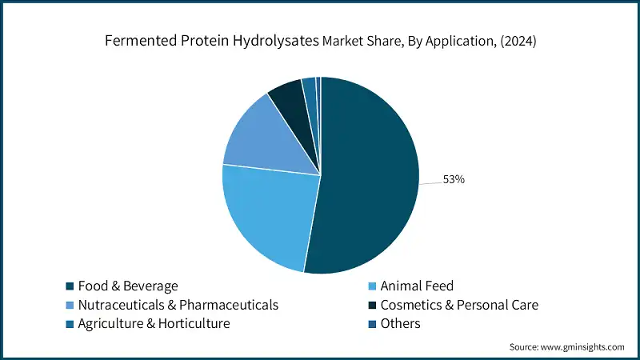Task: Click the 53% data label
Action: coord(454,179)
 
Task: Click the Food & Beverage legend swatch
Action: coord(70,286)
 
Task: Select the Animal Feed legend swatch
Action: coord(372,286)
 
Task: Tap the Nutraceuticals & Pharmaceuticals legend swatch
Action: coord(70,305)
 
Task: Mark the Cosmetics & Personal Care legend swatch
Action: coord(372,305)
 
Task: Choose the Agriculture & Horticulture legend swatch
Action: coord(70,324)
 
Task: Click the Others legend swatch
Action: coord(372,324)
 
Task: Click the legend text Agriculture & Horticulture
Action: coord(154,324)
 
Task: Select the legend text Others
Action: coord(400,324)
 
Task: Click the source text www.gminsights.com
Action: coord(583,346)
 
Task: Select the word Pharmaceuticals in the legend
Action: coord(228,305)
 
